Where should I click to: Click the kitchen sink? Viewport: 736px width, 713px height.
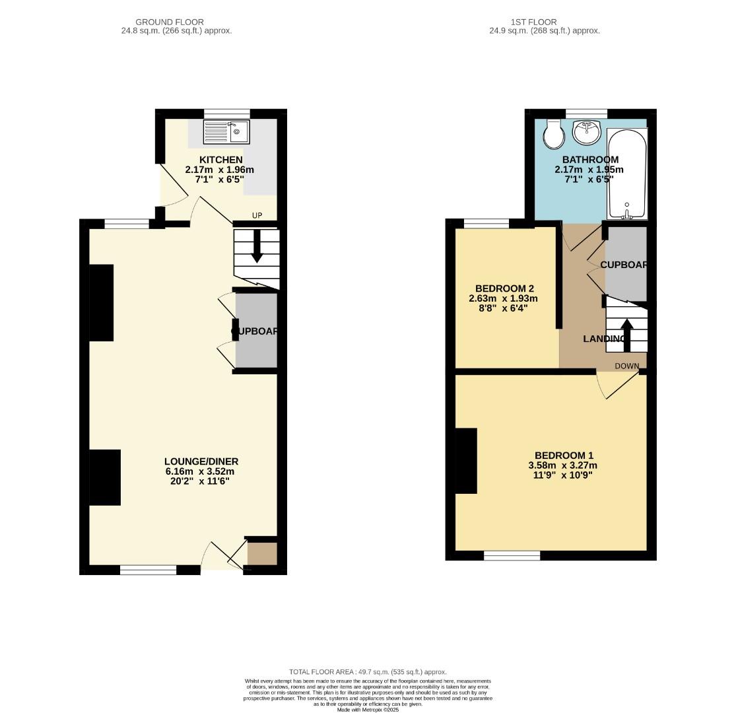tap(226, 132)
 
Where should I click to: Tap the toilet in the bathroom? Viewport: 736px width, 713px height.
tap(552, 135)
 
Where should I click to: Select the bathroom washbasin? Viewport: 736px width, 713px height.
tap(585, 133)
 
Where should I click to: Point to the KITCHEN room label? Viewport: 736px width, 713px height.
tap(221, 160)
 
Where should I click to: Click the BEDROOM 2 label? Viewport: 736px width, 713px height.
tap(504, 289)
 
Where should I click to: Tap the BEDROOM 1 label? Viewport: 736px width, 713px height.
tap(564, 456)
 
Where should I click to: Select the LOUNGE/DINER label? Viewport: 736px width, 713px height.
tap(201, 461)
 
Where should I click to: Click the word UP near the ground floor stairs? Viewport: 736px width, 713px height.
tap(257, 216)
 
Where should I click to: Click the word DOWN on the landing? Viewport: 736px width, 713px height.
tap(626, 366)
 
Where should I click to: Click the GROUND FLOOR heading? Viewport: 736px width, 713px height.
tap(170, 22)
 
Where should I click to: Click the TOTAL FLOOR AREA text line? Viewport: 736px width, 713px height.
tap(368, 671)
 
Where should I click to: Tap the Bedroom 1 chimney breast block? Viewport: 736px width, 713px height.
tap(466, 461)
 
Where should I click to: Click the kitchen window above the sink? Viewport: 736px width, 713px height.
tap(227, 114)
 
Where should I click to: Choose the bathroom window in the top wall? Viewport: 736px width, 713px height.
tap(586, 114)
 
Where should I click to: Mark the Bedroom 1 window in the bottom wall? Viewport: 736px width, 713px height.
tap(512, 556)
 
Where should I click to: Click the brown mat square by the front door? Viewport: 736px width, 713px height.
tap(262, 553)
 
